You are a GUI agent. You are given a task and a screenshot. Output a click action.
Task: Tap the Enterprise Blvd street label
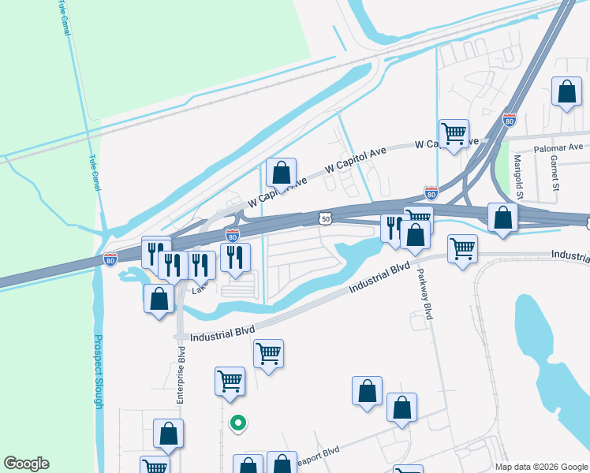pos(181,376)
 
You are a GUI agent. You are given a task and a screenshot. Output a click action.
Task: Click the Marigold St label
pos(518,177)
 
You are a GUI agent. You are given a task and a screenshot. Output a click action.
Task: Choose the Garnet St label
pos(555,173)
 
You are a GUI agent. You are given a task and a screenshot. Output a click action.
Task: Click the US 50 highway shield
pos(326,215)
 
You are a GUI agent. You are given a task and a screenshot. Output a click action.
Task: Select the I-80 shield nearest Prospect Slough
pos(110,258)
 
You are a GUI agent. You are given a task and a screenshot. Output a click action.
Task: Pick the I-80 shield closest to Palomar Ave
pos(510,120)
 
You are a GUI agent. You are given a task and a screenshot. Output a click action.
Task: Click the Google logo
pos(26,464)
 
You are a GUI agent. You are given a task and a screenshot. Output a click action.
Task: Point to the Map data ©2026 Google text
pos(540,467)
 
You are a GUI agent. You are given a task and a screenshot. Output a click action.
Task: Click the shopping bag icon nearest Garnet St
pos(566,92)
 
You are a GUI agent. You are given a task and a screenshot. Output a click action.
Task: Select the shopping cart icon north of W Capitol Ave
pos(454,133)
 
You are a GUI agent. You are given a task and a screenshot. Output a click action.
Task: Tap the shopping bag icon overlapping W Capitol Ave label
pos(281,173)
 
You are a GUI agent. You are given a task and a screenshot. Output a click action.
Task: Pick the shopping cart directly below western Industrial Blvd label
pos(269,353)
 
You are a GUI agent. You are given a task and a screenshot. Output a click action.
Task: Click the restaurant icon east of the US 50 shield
pos(392,227)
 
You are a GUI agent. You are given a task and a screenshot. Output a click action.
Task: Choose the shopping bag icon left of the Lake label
pos(159,299)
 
